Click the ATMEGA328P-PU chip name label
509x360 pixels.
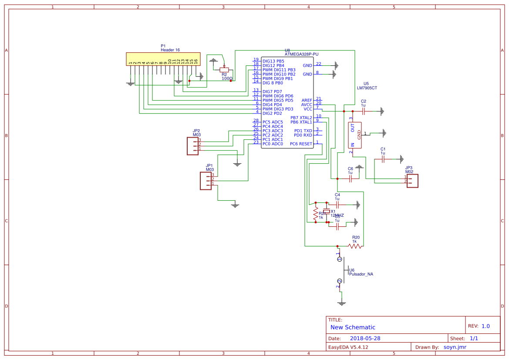(301, 54)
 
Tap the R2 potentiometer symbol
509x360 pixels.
(224, 70)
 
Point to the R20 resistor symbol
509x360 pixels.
(355, 246)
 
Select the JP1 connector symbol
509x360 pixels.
(206, 180)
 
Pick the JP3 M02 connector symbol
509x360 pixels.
(412, 181)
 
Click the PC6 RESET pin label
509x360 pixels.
(301, 144)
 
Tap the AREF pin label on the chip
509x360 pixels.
(307, 100)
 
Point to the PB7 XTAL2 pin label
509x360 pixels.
(301, 118)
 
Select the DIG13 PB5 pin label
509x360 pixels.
(273, 61)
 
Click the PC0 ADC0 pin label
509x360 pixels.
(273, 144)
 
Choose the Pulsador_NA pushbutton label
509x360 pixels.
(361, 274)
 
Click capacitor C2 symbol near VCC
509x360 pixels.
(363, 111)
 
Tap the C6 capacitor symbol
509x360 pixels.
(350, 179)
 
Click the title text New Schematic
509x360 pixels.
(353, 327)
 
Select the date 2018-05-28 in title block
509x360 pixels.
(365, 338)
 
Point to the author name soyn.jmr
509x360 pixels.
(455, 347)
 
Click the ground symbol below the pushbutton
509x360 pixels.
(342, 303)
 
